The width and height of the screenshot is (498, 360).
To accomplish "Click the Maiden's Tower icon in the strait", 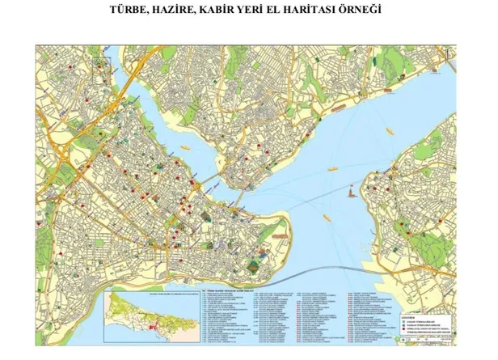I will (353, 193).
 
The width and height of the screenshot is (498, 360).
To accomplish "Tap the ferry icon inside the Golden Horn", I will (184, 148).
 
